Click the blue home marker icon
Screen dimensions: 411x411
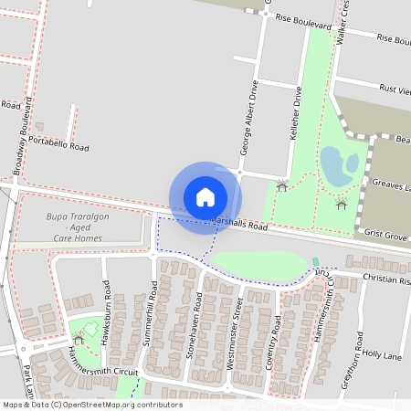(x=205, y=196)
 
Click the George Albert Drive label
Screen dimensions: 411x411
(x=245, y=127)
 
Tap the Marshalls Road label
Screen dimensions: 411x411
(x=239, y=225)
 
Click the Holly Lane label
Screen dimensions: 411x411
(x=383, y=353)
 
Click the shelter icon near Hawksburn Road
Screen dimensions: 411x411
(x=79, y=339)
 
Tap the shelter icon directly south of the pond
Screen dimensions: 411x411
(x=342, y=204)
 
